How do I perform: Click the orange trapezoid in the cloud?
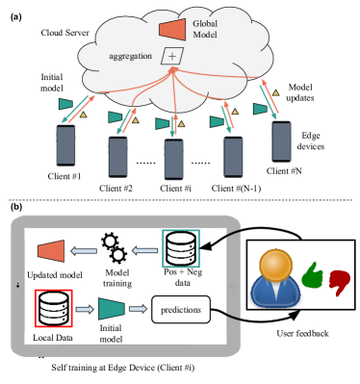coord(172,29)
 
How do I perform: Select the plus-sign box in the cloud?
coord(172,57)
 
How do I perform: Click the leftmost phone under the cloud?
coord(65,145)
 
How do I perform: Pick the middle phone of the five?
coord(173,160)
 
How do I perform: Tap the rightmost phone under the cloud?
coord(281,141)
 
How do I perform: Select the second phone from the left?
coord(117,157)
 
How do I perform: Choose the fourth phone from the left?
coord(234,157)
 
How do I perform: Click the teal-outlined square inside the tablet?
coord(181,248)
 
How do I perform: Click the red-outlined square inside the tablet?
coord(53,308)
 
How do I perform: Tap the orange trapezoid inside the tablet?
coord(51,252)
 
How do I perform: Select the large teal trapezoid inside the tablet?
coord(112,309)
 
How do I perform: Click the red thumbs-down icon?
coord(339,281)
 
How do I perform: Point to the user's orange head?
coord(275,265)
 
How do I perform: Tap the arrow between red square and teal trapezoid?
coord(85,310)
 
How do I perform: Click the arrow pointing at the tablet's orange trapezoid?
coord(84,252)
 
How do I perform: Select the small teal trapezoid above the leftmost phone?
coord(65,104)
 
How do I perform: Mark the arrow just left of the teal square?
coord(144,251)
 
